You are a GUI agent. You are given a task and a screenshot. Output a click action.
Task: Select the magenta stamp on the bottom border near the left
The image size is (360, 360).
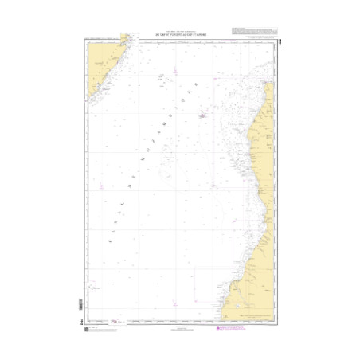pos(119,321)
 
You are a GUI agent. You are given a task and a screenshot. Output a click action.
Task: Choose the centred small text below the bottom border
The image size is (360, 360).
pos(180,327)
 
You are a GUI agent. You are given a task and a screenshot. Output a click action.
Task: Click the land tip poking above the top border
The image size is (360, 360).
pos(125,37)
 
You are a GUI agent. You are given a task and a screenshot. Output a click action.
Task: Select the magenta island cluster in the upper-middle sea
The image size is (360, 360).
pos(203,116)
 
